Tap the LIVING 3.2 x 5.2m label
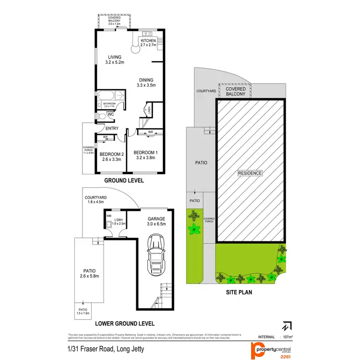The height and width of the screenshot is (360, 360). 115,60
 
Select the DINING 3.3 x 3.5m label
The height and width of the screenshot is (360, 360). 146,83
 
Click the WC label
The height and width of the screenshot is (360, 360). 110,115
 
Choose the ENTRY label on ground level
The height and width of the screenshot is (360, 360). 112,128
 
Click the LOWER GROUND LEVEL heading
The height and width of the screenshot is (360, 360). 127,324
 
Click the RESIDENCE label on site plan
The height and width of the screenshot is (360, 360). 250,173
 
